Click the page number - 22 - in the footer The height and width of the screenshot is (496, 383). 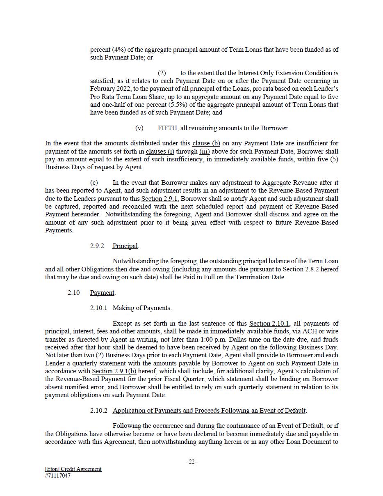[x=191, y=462]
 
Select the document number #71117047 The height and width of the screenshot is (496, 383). [x=57, y=476]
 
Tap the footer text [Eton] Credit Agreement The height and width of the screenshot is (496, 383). [x=73, y=469]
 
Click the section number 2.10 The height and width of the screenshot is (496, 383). [x=74, y=293]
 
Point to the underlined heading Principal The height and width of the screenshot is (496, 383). [x=125, y=246]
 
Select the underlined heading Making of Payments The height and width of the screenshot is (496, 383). [x=141, y=308]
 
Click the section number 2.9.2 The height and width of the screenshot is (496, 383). [x=97, y=246]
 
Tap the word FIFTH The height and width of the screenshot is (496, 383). [x=168, y=128]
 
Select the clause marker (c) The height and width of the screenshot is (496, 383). [x=94, y=183]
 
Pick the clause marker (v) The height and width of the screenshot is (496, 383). [x=139, y=128]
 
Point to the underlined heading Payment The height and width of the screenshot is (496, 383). [x=103, y=293]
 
